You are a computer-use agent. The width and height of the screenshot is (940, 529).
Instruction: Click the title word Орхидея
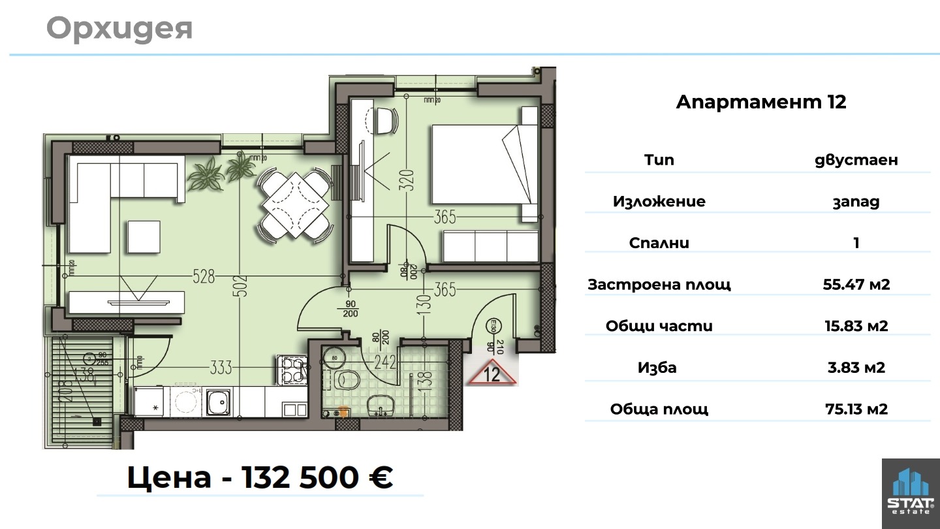(x=119, y=29)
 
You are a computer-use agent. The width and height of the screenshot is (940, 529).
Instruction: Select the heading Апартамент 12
(x=761, y=103)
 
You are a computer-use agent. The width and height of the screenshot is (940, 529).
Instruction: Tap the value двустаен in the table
(x=856, y=160)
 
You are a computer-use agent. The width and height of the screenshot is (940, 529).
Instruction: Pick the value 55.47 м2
(x=856, y=284)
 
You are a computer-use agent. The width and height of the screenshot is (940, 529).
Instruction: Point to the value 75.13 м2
(x=856, y=409)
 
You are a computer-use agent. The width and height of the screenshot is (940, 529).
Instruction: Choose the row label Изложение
(x=659, y=201)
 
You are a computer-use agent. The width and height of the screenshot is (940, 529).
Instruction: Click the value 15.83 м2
(x=856, y=326)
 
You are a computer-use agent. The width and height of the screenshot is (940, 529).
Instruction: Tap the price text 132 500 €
(x=317, y=477)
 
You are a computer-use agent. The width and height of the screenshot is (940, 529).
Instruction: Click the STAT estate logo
(x=911, y=494)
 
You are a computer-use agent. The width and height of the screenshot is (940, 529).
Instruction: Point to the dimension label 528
(x=204, y=277)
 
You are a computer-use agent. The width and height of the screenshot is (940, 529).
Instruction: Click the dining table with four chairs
(x=295, y=206)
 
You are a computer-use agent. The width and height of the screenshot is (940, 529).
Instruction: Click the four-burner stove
(x=292, y=370)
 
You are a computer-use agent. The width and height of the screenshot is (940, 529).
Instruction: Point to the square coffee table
(x=144, y=236)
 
